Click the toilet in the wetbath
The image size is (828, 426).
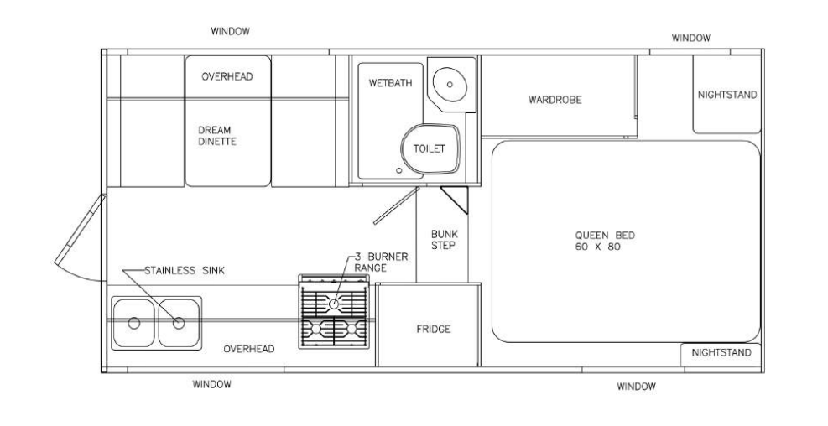coord(430,149)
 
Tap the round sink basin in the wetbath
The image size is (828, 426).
coord(450,84)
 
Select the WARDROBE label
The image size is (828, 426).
coord(555,100)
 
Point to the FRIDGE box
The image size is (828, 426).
coord(428,325)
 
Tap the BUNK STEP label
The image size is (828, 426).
coord(444,240)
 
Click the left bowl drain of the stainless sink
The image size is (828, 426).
coord(134,323)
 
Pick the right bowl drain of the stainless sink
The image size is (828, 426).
coord(179,323)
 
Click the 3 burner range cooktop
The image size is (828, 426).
coord(334,311)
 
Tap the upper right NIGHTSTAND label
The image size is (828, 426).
coord(727,95)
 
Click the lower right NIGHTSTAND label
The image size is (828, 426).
coord(721,353)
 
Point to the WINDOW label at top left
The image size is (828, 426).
coord(230,31)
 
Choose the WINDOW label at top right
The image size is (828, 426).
coord(690,38)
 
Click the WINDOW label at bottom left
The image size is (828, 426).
coord(211,384)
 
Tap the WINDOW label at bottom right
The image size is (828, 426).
coord(637,387)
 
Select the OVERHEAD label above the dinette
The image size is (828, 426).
coord(227,76)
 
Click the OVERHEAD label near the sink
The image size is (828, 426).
coord(248,349)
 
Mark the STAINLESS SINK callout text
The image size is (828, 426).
coord(185,271)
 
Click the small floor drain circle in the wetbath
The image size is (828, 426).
coord(398,170)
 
